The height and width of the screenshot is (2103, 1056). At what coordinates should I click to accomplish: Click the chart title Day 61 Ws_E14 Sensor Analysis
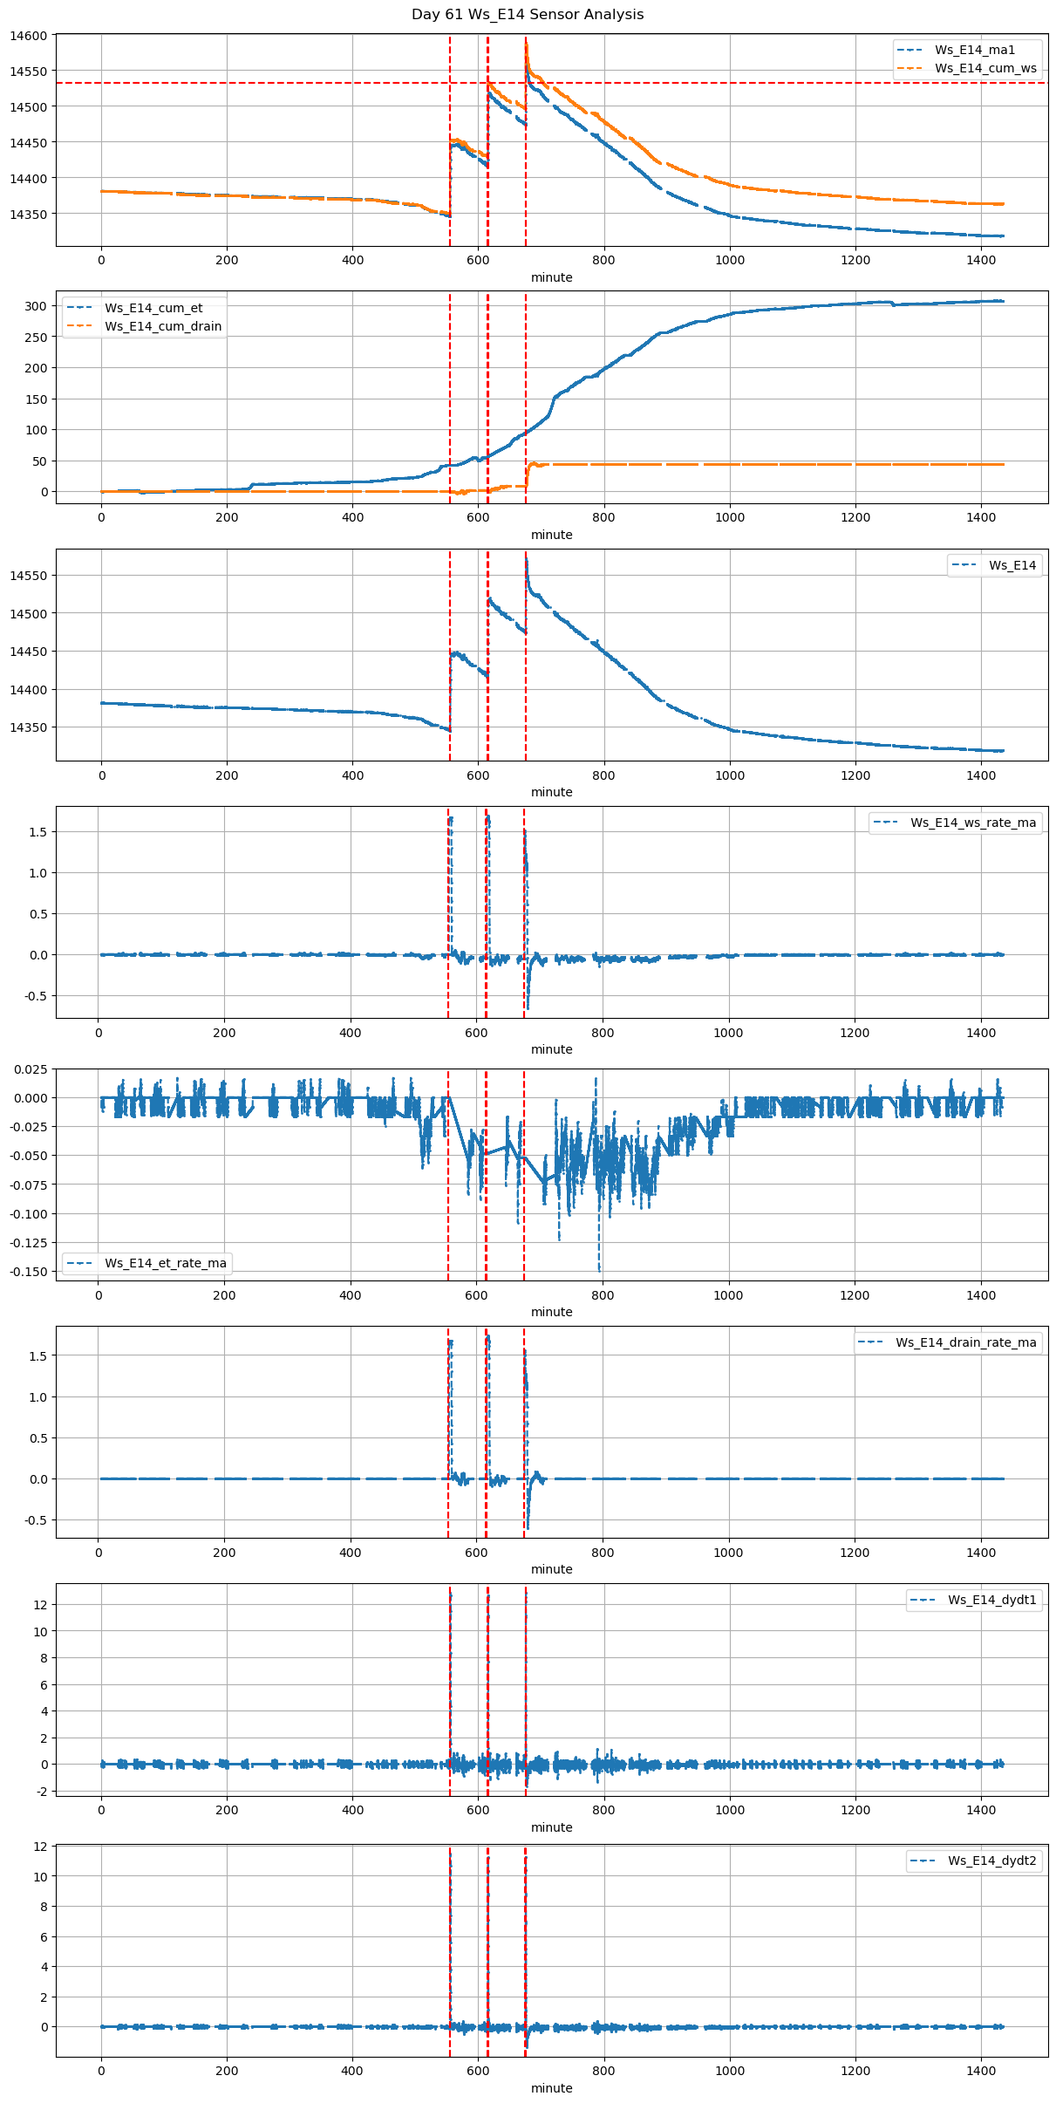pyautogui.click(x=528, y=15)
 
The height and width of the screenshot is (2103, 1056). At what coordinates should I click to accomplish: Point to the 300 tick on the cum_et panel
pyautogui.click(x=36, y=306)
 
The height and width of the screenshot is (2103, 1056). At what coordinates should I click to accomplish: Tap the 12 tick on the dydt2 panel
pyautogui.click(x=40, y=1847)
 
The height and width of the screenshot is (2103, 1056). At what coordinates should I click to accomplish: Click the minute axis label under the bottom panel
pyautogui.click(x=552, y=2088)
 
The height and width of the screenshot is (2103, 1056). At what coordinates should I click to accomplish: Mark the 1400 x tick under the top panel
pyautogui.click(x=981, y=260)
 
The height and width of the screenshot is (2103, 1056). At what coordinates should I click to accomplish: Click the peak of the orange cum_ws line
pyautogui.click(x=527, y=44)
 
